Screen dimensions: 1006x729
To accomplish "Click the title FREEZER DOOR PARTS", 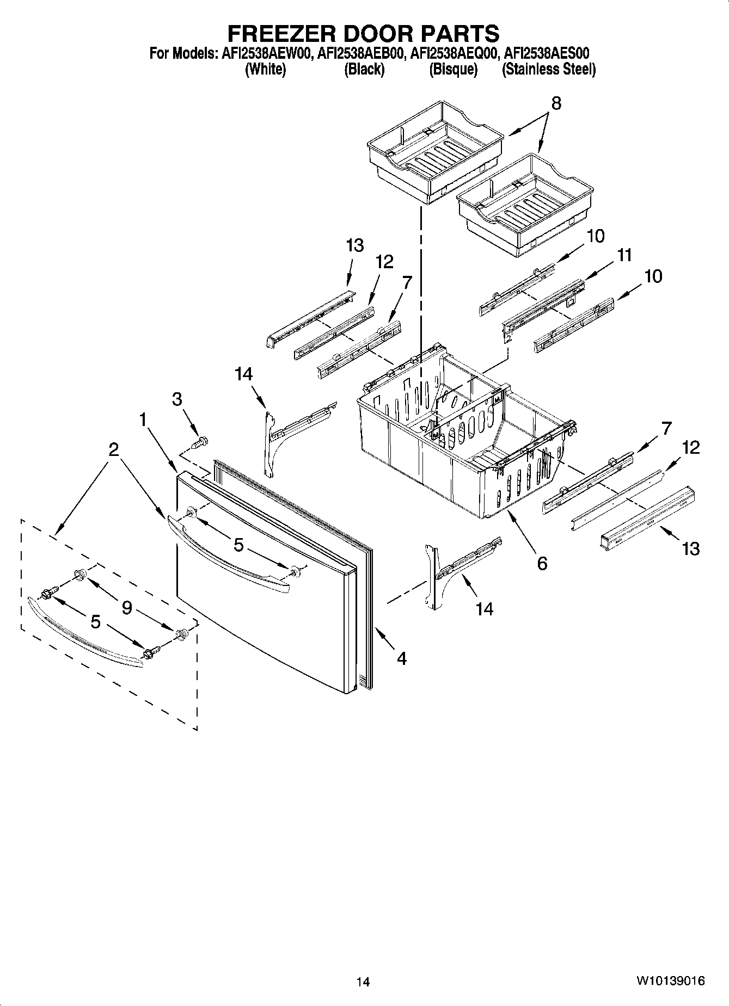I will coord(363,34).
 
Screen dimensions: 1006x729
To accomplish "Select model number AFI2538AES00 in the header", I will coord(547,53).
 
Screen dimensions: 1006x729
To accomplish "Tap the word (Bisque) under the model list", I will coord(453,70).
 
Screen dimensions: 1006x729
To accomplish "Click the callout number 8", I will coord(556,103).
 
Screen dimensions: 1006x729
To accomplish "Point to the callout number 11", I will coord(624,255).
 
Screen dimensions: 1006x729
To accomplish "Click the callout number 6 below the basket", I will coord(542,563).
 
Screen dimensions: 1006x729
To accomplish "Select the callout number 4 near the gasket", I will coord(401,658).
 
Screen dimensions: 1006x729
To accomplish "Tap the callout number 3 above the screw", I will coord(177,399).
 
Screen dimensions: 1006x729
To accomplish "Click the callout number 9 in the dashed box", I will coord(126,607).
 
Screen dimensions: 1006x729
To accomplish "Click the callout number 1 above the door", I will coord(143,419).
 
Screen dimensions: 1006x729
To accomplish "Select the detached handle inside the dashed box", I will coord(84,634).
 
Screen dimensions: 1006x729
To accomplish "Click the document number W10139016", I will coord(670,980).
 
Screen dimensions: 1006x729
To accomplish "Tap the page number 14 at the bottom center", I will coord(363,982).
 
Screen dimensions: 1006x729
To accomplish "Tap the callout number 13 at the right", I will coord(691,548).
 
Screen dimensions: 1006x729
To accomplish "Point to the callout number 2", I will coord(113,449).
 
